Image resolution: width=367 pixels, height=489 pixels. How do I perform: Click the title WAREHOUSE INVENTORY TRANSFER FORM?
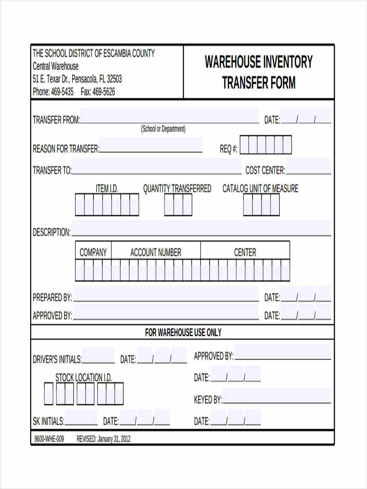259,72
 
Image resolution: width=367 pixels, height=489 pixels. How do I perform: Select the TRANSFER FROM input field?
169,116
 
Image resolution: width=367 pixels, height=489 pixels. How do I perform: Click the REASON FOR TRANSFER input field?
150,145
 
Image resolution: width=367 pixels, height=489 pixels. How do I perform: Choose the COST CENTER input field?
308,167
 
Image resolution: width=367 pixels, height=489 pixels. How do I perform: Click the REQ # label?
229,149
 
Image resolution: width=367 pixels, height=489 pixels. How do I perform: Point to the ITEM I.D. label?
107,189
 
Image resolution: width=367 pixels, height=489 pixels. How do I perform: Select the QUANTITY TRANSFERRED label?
177,189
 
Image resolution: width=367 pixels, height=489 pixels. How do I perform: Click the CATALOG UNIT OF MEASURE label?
260,189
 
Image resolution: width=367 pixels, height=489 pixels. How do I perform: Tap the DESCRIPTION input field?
201,228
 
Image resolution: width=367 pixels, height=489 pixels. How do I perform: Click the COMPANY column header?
93,252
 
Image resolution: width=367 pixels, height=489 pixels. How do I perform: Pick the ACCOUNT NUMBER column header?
156,252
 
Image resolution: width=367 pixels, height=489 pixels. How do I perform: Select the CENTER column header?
245,252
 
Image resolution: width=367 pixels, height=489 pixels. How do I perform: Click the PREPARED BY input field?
166,294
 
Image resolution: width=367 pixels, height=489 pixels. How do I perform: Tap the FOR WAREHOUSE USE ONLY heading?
183,333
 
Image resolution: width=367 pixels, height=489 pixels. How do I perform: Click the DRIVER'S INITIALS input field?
98,356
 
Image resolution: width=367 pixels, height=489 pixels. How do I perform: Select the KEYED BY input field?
277,396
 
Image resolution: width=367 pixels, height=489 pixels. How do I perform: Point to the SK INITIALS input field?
81,418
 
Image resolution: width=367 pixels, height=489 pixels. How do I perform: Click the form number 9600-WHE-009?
49,439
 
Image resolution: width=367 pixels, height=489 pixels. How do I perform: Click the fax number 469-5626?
104,92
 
